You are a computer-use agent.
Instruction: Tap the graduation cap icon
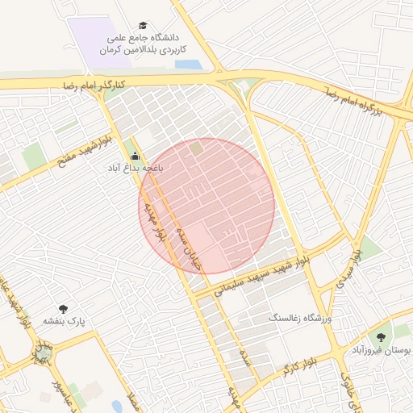[x=144, y=26]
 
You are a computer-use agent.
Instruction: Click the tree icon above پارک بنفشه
[x=64, y=308]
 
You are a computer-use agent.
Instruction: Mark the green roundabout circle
[x=43, y=353]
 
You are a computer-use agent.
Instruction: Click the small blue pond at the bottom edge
[x=118, y=407]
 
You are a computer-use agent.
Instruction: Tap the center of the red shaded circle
[x=206, y=206]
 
